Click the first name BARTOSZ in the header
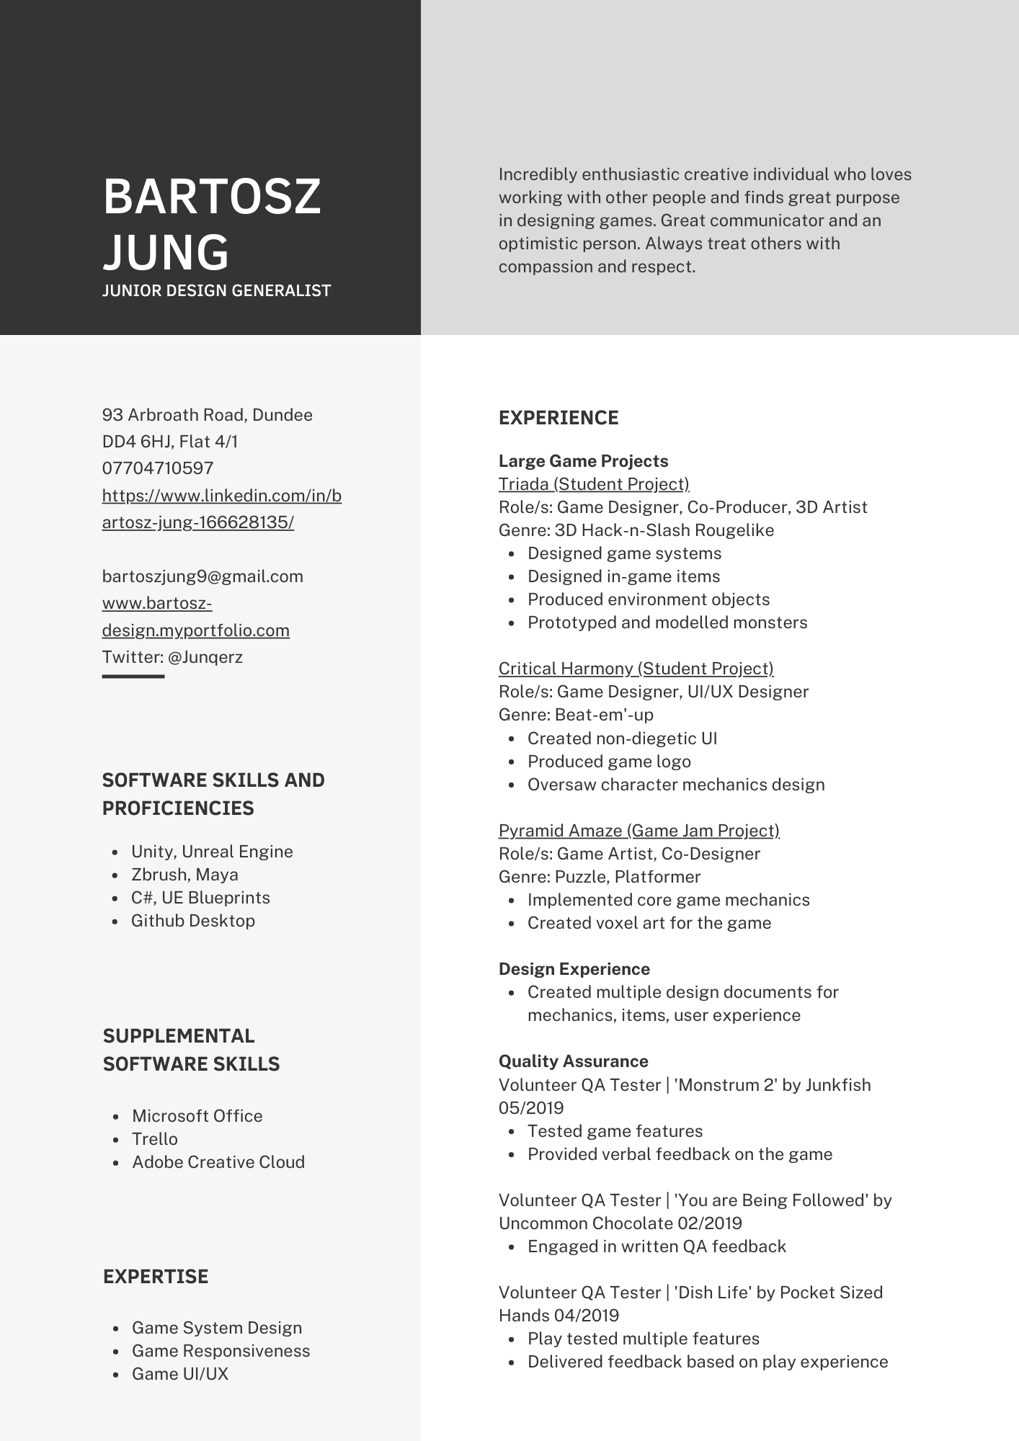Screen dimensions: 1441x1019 pos(212,197)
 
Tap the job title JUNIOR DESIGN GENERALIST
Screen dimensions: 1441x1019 pos(216,291)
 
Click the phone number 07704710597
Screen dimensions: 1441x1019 pos(158,468)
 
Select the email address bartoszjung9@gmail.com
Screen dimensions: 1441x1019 pos(203,576)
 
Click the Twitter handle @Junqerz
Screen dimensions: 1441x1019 pos(205,657)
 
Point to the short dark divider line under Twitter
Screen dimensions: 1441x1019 pos(133,677)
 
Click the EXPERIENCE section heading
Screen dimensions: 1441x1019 pos(559,419)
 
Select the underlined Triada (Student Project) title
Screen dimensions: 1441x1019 pos(594,484)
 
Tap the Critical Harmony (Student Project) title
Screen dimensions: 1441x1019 pos(636,669)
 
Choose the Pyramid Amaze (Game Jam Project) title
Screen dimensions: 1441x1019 pos(638,831)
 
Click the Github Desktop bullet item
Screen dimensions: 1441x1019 pos(192,921)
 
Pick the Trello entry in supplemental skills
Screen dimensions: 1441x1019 pos(155,1139)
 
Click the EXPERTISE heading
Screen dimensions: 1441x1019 pos(156,1277)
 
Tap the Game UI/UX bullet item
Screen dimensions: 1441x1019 pos(180,1374)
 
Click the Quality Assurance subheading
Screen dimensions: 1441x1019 pos(573,1061)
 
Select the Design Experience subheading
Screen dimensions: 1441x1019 pos(574,969)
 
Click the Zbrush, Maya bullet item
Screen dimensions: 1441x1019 pos(184,875)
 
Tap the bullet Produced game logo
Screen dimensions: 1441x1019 pos(609,762)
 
